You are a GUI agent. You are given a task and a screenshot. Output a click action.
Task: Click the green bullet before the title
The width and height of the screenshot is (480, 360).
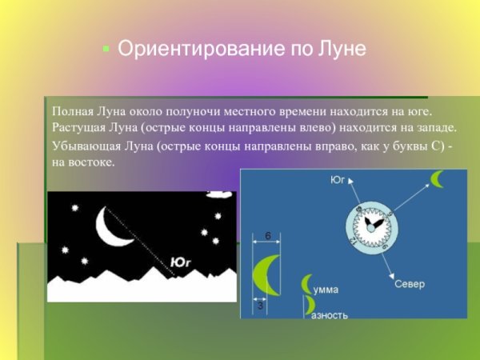(105, 49)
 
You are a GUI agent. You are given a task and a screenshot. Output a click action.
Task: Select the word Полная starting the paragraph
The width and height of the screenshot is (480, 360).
(74, 112)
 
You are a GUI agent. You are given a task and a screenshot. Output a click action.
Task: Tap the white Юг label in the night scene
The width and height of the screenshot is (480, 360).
(181, 261)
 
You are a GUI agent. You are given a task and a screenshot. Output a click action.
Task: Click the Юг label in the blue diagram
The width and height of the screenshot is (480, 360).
(338, 181)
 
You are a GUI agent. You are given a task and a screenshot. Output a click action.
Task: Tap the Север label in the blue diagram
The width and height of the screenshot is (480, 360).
(409, 285)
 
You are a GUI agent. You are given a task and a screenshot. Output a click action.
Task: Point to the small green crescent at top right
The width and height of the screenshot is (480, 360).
(438, 178)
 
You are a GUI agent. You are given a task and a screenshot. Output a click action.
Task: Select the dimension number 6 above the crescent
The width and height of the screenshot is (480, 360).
(267, 234)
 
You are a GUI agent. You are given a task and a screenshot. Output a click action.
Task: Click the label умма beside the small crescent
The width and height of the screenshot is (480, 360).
(326, 286)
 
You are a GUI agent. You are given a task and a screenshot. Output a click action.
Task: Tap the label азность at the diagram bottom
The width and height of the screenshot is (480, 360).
(330, 314)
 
